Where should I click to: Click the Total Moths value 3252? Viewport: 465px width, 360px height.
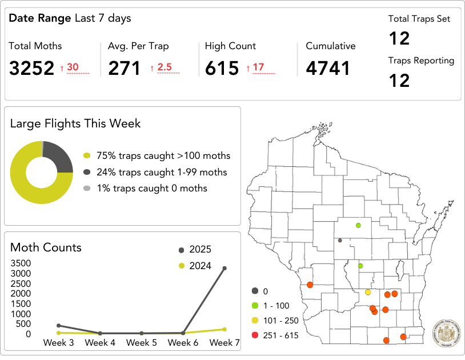point(31,69)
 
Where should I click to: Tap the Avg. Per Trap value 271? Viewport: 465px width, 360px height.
point(124,69)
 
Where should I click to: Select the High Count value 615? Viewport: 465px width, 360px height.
point(222,69)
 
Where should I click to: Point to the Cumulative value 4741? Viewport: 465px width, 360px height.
point(328,69)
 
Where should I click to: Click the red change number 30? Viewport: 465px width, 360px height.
point(73,67)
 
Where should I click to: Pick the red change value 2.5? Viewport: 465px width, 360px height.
point(165,67)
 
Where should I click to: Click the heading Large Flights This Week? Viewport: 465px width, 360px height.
point(75,123)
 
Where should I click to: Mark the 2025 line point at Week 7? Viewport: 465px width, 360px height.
point(225,268)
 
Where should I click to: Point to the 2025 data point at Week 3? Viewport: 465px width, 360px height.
point(59,325)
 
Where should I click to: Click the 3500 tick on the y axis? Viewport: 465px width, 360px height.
point(21,263)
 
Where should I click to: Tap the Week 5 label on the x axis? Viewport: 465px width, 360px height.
point(142,343)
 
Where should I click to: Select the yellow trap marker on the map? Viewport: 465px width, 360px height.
point(368,292)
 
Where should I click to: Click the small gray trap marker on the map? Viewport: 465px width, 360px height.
point(340,241)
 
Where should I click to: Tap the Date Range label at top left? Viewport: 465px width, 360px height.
point(40,18)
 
